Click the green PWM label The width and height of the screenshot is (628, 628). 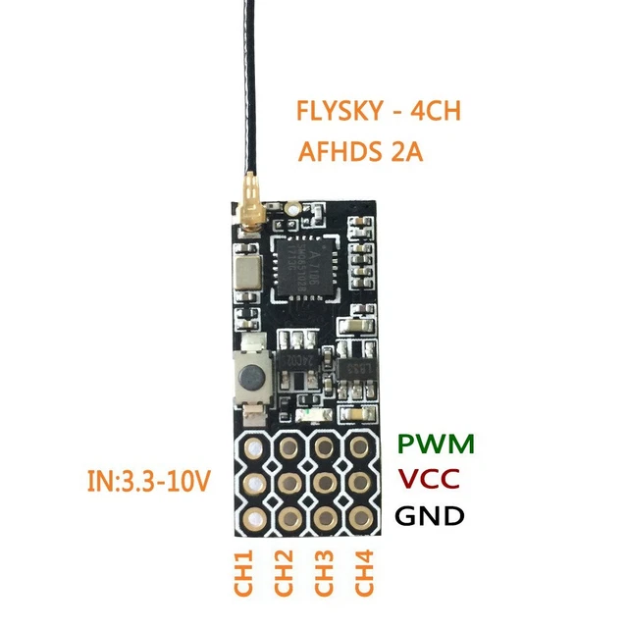pos(436,444)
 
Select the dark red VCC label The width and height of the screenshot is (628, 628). pos(431,481)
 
